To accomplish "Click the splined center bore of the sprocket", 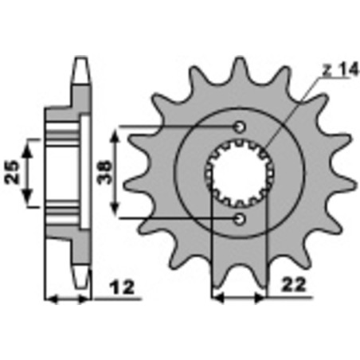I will click(x=240, y=171).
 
